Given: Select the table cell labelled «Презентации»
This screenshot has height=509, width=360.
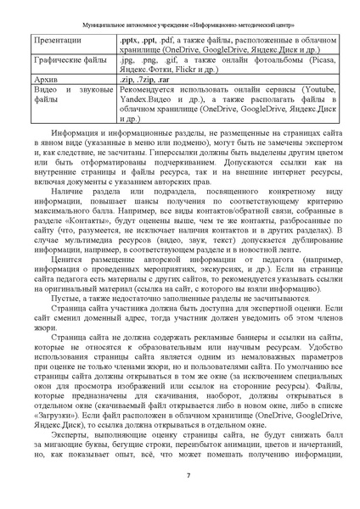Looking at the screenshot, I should point(56,40).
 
